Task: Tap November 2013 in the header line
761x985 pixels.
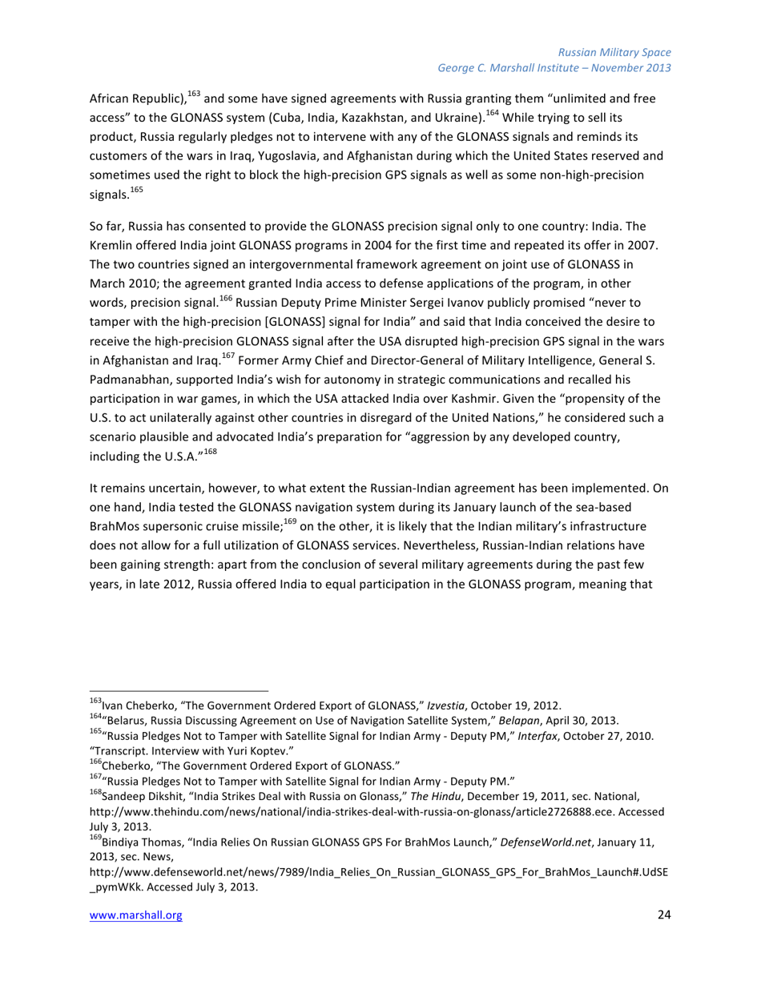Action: (x=630, y=68)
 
